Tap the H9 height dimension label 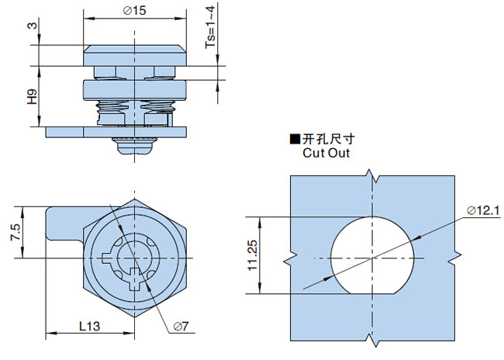pyautogui.click(x=32, y=98)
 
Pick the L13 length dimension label pyautogui.click(x=89, y=327)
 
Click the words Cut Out pyautogui.click(x=326, y=153)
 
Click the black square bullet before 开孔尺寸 pyautogui.click(x=295, y=140)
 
